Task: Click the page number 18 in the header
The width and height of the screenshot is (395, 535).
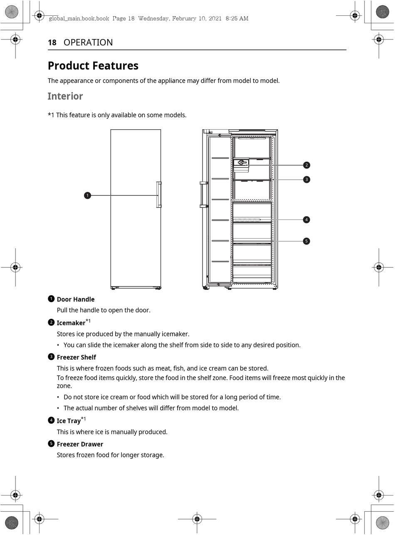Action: (x=52, y=42)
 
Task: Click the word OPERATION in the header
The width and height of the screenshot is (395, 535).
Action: (x=88, y=42)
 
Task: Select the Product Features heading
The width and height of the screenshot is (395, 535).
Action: (x=93, y=66)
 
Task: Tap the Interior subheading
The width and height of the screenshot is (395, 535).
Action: (x=65, y=96)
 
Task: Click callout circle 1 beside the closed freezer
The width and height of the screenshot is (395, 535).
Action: (x=87, y=195)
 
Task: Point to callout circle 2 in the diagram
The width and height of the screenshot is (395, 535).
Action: (x=306, y=165)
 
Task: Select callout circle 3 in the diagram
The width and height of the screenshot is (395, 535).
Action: (x=306, y=180)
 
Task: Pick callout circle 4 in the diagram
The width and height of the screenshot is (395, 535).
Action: (x=306, y=219)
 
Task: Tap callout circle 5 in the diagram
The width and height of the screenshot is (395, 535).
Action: (x=306, y=241)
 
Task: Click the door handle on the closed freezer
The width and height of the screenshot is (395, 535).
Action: (x=159, y=195)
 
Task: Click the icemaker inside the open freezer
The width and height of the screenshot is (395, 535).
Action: (x=241, y=163)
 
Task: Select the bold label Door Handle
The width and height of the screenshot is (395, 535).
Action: (x=76, y=299)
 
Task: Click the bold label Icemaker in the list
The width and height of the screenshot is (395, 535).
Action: (x=71, y=323)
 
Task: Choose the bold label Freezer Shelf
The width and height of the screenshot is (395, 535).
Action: (x=77, y=357)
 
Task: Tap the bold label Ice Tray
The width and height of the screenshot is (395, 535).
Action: (x=69, y=421)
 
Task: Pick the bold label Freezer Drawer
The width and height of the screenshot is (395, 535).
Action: (x=80, y=444)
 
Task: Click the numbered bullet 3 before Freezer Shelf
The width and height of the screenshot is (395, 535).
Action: (x=51, y=357)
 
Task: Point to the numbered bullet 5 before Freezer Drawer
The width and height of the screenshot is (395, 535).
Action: (x=51, y=444)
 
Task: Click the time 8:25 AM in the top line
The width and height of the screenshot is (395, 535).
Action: (x=237, y=18)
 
